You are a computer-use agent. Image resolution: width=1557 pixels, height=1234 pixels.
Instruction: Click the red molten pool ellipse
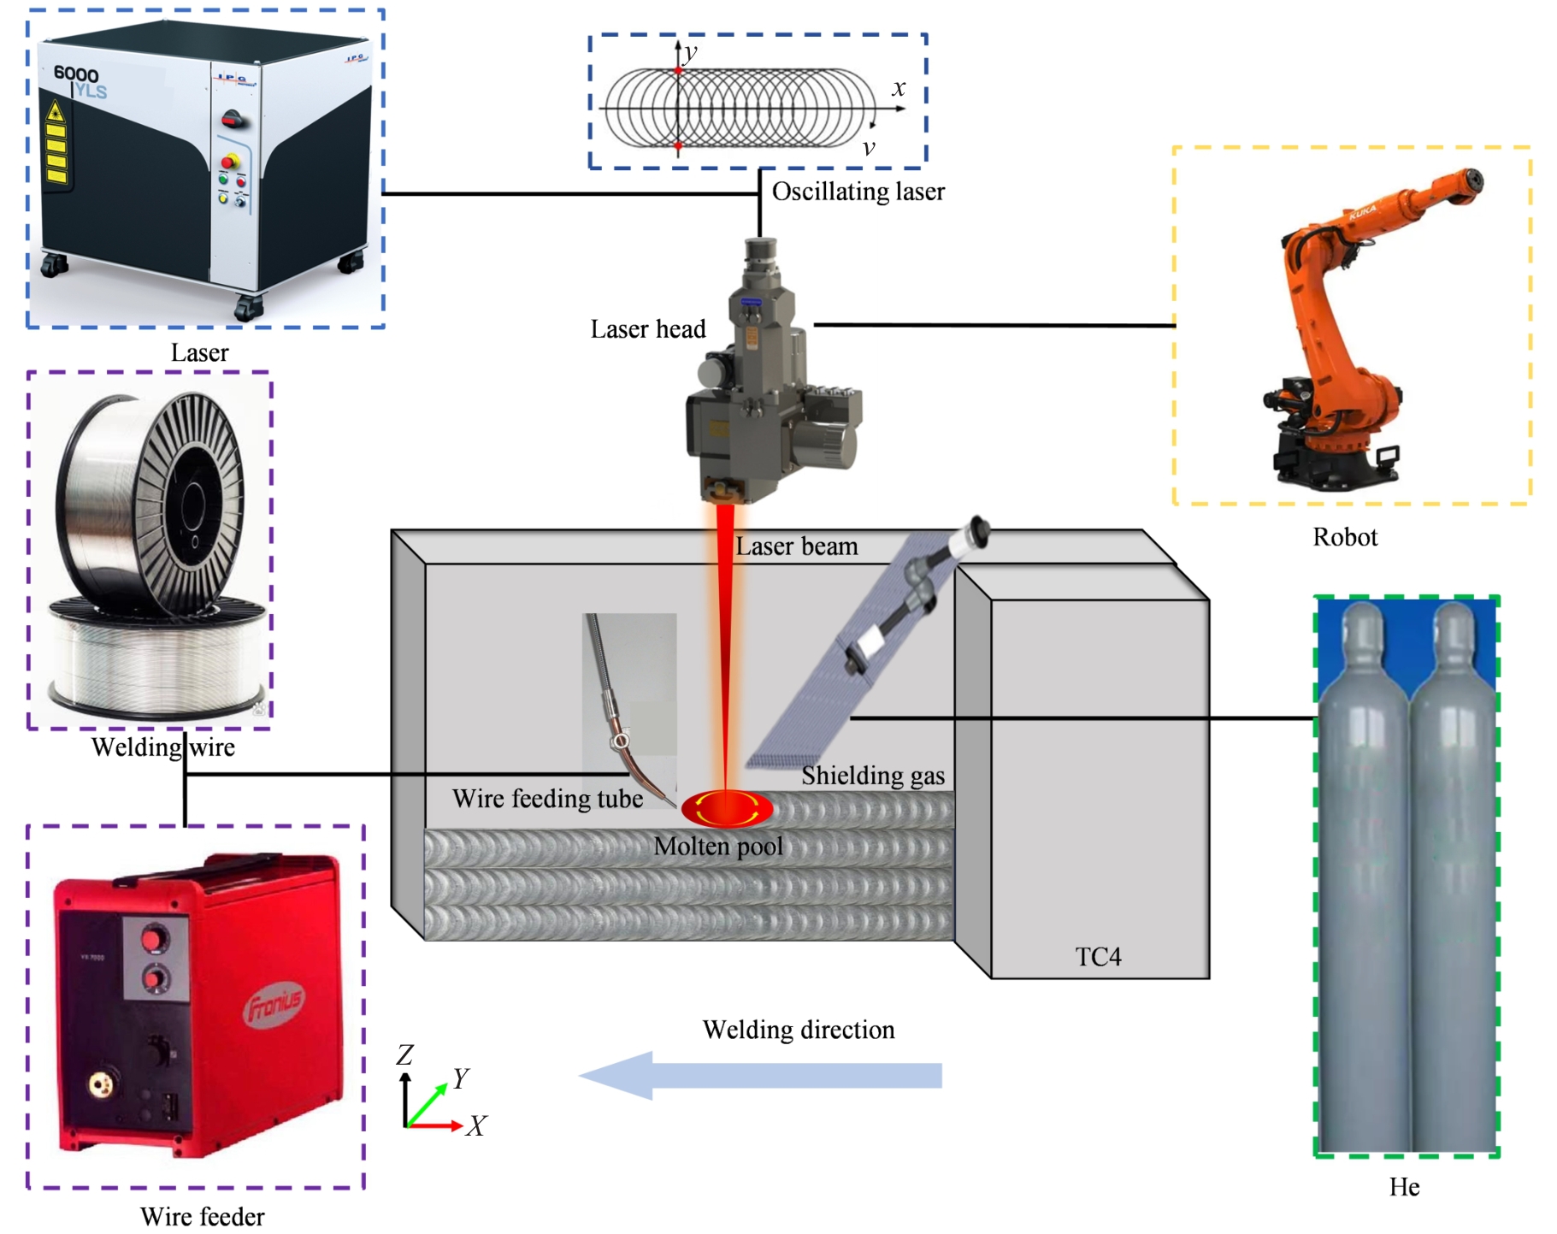pyautogui.click(x=727, y=808)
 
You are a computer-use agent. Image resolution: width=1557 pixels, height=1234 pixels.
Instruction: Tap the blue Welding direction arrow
pyautogui.click(x=760, y=1075)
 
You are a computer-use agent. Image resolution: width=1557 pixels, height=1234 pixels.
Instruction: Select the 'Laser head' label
pyautogui.click(x=647, y=329)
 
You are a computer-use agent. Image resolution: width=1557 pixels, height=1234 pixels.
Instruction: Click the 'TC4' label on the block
pyautogui.click(x=1098, y=956)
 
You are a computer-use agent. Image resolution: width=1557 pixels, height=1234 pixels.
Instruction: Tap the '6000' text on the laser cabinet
pyautogui.click(x=76, y=74)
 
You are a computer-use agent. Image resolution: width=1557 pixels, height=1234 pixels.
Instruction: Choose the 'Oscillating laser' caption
pyautogui.click(x=858, y=192)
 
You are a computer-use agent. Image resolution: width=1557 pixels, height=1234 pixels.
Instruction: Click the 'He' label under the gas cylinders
pyautogui.click(x=1404, y=1187)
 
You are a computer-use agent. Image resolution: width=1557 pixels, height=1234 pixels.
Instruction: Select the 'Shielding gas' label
pyautogui.click(x=872, y=776)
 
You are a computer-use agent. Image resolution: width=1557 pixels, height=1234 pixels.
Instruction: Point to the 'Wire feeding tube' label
pyautogui.click(x=547, y=799)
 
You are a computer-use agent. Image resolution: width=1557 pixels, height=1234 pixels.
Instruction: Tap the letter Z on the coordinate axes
pyautogui.click(x=404, y=1054)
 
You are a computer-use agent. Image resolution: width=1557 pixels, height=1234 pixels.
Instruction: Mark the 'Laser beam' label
pyautogui.click(x=796, y=546)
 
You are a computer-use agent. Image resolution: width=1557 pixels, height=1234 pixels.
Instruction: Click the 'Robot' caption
pyautogui.click(x=1345, y=537)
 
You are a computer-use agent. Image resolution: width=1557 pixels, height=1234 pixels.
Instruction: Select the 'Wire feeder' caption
pyautogui.click(x=202, y=1216)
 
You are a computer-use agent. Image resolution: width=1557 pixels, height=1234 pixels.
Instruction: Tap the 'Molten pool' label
pyautogui.click(x=718, y=847)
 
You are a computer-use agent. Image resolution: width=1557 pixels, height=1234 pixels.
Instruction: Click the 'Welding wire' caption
pyautogui.click(x=162, y=747)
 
